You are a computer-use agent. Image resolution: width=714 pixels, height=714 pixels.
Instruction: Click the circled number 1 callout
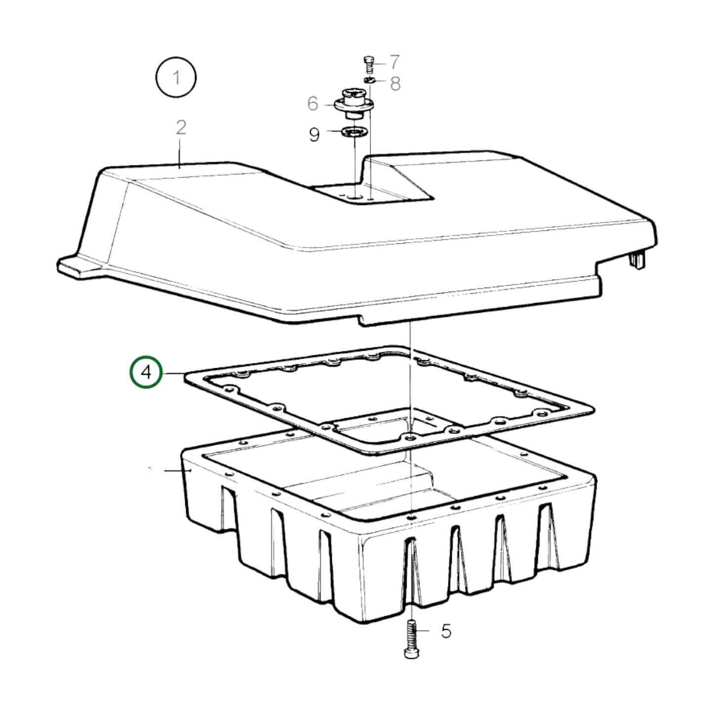coord(176,78)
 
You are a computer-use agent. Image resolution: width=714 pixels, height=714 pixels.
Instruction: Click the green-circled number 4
coord(146,372)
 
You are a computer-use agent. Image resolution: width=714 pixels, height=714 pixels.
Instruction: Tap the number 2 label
coord(181,127)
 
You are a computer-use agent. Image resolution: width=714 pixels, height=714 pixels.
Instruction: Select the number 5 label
coord(446,631)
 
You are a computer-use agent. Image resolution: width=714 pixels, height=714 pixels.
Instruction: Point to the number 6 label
coord(312,103)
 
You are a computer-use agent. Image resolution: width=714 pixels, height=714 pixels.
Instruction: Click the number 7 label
coord(394,62)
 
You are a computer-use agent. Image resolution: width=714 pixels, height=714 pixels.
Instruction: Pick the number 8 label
coord(395,84)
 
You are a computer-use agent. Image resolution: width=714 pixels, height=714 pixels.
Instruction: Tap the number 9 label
coord(314,134)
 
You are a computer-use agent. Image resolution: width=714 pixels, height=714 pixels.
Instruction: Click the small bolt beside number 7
coord(369,64)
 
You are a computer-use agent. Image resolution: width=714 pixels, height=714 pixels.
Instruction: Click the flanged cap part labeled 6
coord(354,103)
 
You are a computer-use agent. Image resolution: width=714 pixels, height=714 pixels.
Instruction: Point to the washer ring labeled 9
coord(353,132)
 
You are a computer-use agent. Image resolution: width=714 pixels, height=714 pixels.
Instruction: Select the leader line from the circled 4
coord(173,374)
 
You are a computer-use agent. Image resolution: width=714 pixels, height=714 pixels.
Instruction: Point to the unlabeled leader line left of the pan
coord(177,470)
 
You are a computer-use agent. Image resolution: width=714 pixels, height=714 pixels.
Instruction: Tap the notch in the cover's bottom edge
coord(362,321)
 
